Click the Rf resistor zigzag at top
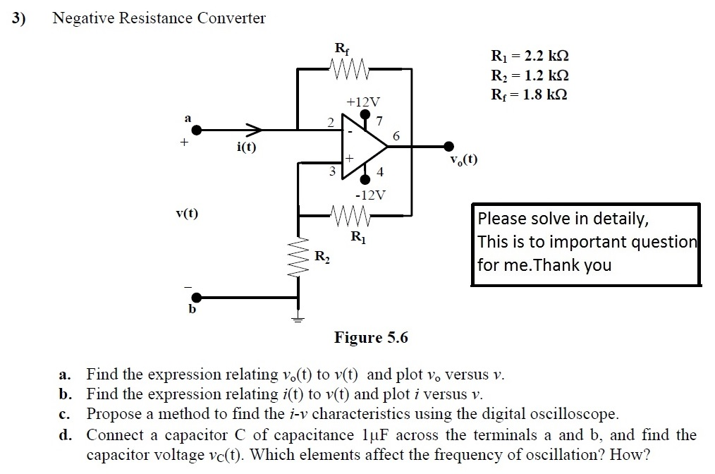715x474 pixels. click(x=348, y=69)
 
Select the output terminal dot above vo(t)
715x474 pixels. click(x=448, y=147)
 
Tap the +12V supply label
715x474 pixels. click(x=362, y=102)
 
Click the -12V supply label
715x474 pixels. click(x=369, y=194)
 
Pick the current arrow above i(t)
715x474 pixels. click(x=253, y=130)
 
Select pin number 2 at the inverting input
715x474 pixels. click(x=330, y=121)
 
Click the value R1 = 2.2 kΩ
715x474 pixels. click(x=529, y=56)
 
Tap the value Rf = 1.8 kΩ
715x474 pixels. click(x=529, y=95)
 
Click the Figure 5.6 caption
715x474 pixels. click(x=371, y=337)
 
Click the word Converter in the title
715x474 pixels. click(x=228, y=18)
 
